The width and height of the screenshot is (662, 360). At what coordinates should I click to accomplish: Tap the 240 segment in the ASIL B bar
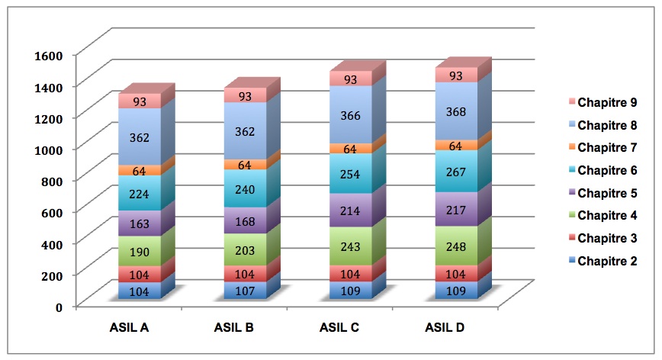[245, 188]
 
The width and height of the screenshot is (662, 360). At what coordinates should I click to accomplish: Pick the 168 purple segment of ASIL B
[245, 220]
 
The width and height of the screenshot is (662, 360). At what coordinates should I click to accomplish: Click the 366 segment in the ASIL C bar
[351, 114]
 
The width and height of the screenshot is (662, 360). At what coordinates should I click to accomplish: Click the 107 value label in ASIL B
[245, 290]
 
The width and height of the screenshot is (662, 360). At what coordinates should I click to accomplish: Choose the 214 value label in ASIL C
[351, 210]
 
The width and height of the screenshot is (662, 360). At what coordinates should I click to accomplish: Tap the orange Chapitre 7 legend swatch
[568, 147]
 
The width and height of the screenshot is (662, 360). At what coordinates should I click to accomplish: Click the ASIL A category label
[127, 329]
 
